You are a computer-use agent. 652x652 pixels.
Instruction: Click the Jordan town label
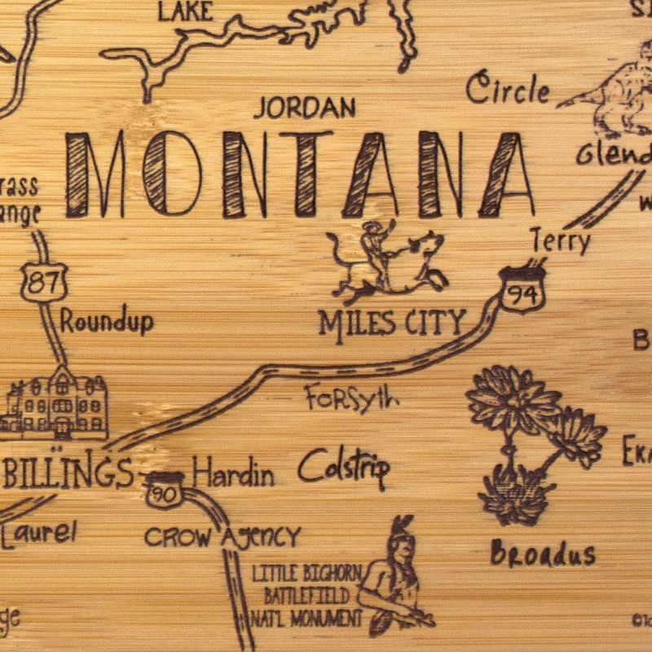305,108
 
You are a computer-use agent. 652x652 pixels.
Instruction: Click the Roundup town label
107,322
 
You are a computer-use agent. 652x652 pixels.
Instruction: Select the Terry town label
560,241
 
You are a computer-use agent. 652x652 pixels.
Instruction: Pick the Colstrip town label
343,468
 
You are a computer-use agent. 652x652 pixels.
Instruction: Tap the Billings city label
67,473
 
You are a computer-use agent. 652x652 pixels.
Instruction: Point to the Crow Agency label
222,536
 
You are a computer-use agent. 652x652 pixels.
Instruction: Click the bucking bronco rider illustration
383,261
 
